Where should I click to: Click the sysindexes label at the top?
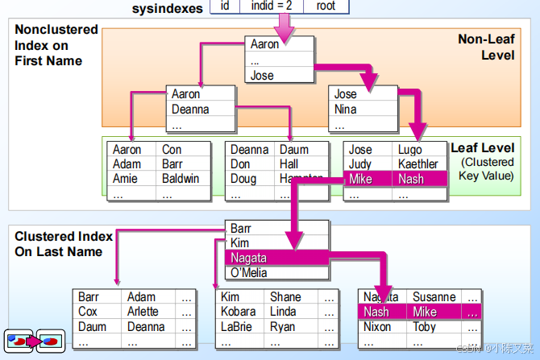pyautogui.click(x=169, y=7)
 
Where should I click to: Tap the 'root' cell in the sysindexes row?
pyautogui.click(x=326, y=6)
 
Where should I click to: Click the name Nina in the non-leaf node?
pyautogui.click(x=346, y=110)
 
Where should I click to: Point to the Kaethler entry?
pyautogui.click(x=417, y=164)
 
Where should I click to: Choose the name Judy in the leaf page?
pyautogui.click(x=359, y=164)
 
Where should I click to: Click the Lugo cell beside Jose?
pyautogui.click(x=409, y=150)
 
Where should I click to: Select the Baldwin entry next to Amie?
pyautogui.click(x=181, y=179)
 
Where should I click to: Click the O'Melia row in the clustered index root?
pyautogui.click(x=249, y=272)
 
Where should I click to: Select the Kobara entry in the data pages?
pyautogui.click(x=239, y=312)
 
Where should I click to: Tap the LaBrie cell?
pyautogui.click(x=238, y=327)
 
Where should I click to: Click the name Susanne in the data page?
pyautogui.click(x=434, y=297)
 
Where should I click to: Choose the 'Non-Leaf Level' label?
pyautogui.click(x=486, y=47)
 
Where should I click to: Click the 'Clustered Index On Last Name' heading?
pyautogui.click(x=64, y=243)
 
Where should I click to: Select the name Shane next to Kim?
pyautogui.click(x=285, y=297)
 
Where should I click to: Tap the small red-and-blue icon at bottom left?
pyautogui.click(x=34, y=340)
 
